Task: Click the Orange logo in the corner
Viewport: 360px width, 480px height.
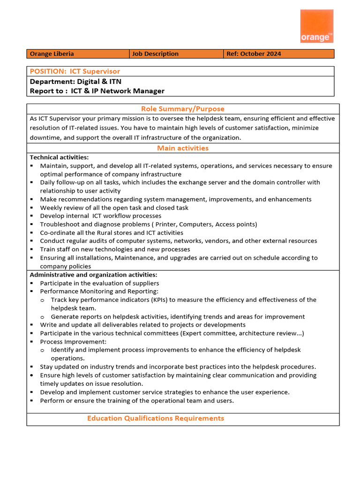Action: [x=316, y=26]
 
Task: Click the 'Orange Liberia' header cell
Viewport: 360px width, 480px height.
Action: [x=52, y=54]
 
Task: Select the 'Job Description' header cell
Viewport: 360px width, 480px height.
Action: [x=155, y=54]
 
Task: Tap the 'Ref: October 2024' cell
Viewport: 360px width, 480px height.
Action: [x=254, y=54]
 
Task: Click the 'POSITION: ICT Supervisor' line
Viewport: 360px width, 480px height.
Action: [x=75, y=71]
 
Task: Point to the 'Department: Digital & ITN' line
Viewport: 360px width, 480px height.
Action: [x=75, y=81]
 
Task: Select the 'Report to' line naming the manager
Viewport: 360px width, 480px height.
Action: [x=97, y=91]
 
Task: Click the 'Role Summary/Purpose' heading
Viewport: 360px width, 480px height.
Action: [x=182, y=109]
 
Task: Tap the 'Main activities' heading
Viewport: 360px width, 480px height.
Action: [x=182, y=148]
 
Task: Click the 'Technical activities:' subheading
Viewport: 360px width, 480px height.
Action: [x=59, y=157]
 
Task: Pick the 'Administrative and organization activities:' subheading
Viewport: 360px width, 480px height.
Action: [x=93, y=275]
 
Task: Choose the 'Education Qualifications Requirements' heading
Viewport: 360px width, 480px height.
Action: [x=155, y=418]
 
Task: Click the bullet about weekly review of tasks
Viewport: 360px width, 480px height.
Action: [x=114, y=208]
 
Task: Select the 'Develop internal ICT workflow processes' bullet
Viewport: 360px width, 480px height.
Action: [x=100, y=216]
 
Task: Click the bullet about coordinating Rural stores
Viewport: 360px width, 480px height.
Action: [x=112, y=233]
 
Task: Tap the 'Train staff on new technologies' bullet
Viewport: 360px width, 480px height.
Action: [x=115, y=249]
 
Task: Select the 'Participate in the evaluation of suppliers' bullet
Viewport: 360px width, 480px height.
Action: [x=99, y=283]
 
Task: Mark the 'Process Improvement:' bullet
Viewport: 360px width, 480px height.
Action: [x=73, y=342]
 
